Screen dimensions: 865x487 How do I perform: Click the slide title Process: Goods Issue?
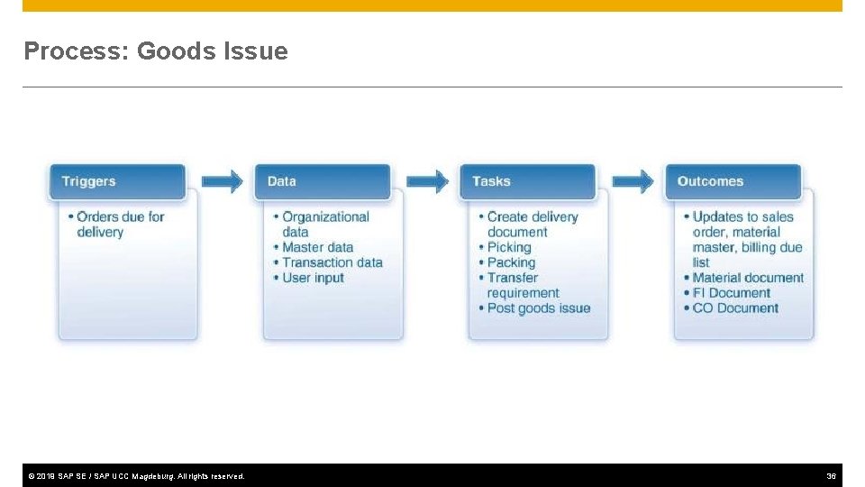pyautogui.click(x=156, y=51)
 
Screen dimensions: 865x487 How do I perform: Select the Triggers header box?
pyautogui.click(x=117, y=181)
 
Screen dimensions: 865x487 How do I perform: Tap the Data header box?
pyautogui.click(x=323, y=181)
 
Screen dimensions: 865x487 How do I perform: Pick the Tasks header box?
pyautogui.click(x=528, y=181)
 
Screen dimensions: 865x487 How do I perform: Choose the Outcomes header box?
pyautogui.click(x=733, y=181)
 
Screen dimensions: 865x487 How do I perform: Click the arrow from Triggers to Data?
pyautogui.click(x=222, y=181)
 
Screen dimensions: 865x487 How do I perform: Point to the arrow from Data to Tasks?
pyautogui.click(x=427, y=181)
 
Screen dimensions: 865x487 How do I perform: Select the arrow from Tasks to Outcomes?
pyautogui.click(x=633, y=181)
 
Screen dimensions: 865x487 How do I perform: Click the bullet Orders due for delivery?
pyautogui.click(x=120, y=224)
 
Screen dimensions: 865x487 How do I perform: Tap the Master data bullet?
pyautogui.click(x=317, y=247)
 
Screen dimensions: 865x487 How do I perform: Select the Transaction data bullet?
pyautogui.click(x=332, y=262)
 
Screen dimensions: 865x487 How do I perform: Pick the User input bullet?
pyautogui.click(x=313, y=278)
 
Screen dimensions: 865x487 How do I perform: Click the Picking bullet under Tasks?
pyautogui.click(x=509, y=247)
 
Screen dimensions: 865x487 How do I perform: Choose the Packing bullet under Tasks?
pyautogui.click(x=511, y=262)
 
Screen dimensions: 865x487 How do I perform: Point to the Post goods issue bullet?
pyautogui.click(x=539, y=308)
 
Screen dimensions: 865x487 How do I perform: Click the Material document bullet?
pyautogui.click(x=748, y=278)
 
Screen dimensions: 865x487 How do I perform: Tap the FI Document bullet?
pyautogui.click(x=731, y=293)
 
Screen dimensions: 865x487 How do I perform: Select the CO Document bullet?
pyautogui.click(x=735, y=308)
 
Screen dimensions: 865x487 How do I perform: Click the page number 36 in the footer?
pyautogui.click(x=831, y=475)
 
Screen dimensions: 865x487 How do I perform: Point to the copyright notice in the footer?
pyautogui.click(x=136, y=475)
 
